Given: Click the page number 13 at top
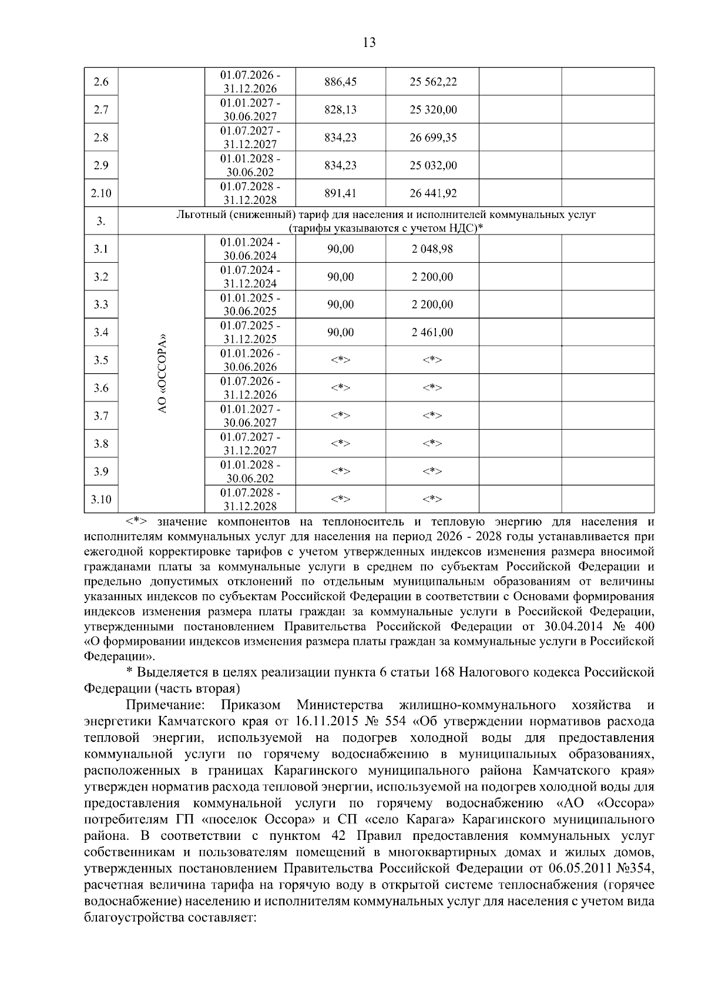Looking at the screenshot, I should coord(370,42).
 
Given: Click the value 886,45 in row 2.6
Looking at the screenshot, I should coord(340,82).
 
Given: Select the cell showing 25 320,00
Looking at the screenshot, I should coord(432,110).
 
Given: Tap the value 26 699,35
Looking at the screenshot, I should coord(432,138).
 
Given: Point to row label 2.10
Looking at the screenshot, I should coord(101,193).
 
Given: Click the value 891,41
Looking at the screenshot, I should coord(340,193).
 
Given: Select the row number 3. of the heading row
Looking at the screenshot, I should coord(101,222).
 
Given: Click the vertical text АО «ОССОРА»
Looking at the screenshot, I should coord(162,374).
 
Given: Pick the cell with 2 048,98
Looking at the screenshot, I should coord(432,249).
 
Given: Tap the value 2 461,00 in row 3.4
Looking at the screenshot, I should coord(432,333).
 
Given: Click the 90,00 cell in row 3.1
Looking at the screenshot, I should coord(340,249).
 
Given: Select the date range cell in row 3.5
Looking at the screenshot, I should coord(250,360).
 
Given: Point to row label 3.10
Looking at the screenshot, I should coord(101,500).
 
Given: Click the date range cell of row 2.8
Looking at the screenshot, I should coord(250,138).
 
